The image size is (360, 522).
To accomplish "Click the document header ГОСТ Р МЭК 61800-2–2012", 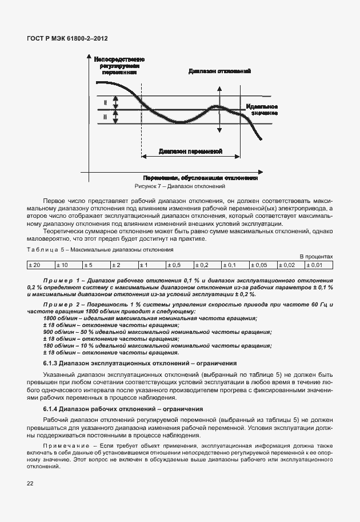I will point(67,38).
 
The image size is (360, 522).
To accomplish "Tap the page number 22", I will point(30,483).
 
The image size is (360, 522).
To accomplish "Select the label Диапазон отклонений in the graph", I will point(220,71).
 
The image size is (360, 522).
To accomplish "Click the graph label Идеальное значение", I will point(263,110).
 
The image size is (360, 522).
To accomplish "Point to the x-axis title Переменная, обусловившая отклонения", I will point(200,178).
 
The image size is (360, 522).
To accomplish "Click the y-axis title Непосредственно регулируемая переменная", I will point(119,66).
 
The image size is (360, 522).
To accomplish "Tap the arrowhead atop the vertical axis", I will point(89,58).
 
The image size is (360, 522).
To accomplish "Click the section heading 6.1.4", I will point(123,409).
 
